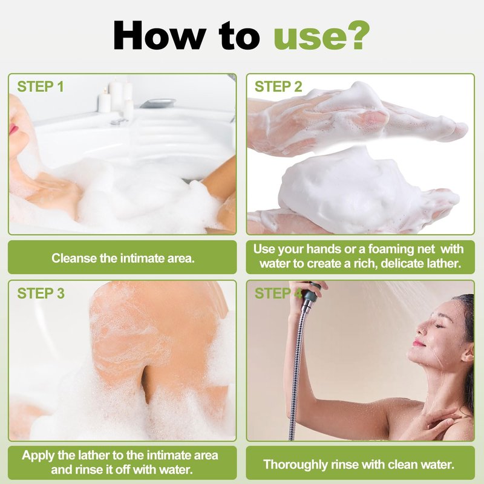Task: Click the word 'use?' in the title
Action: click(322, 36)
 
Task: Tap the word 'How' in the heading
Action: click(159, 35)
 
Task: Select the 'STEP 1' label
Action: click(41, 87)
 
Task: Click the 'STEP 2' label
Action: click(278, 87)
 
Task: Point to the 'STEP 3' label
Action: click(41, 293)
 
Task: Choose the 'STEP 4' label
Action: click(278, 293)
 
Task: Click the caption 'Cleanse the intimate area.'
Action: click(123, 258)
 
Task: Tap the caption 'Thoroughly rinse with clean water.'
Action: click(359, 464)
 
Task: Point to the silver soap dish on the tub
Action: click(157, 103)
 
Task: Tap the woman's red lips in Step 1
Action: click(13, 129)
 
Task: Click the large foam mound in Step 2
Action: click(350, 191)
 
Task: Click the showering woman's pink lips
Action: click(418, 342)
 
